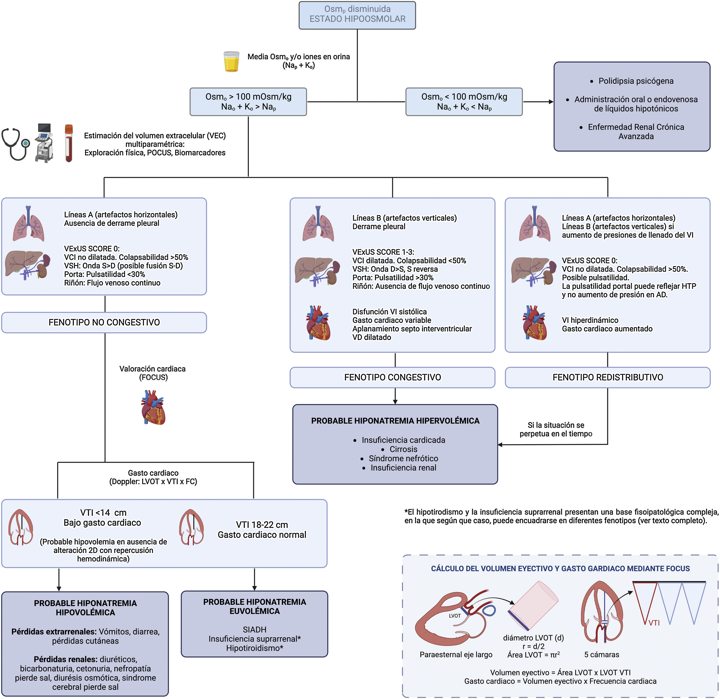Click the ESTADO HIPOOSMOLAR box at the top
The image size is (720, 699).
[x=357, y=15]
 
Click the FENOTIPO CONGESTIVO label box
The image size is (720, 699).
[x=392, y=377]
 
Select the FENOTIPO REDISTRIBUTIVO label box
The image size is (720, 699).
[x=608, y=377]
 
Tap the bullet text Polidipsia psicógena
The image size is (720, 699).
[x=636, y=81]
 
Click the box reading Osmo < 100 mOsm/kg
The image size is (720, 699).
[x=464, y=102]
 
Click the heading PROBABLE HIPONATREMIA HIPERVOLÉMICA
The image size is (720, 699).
[x=395, y=421]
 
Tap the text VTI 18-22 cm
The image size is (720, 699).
[x=262, y=525]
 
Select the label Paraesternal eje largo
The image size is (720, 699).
[x=456, y=655]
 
